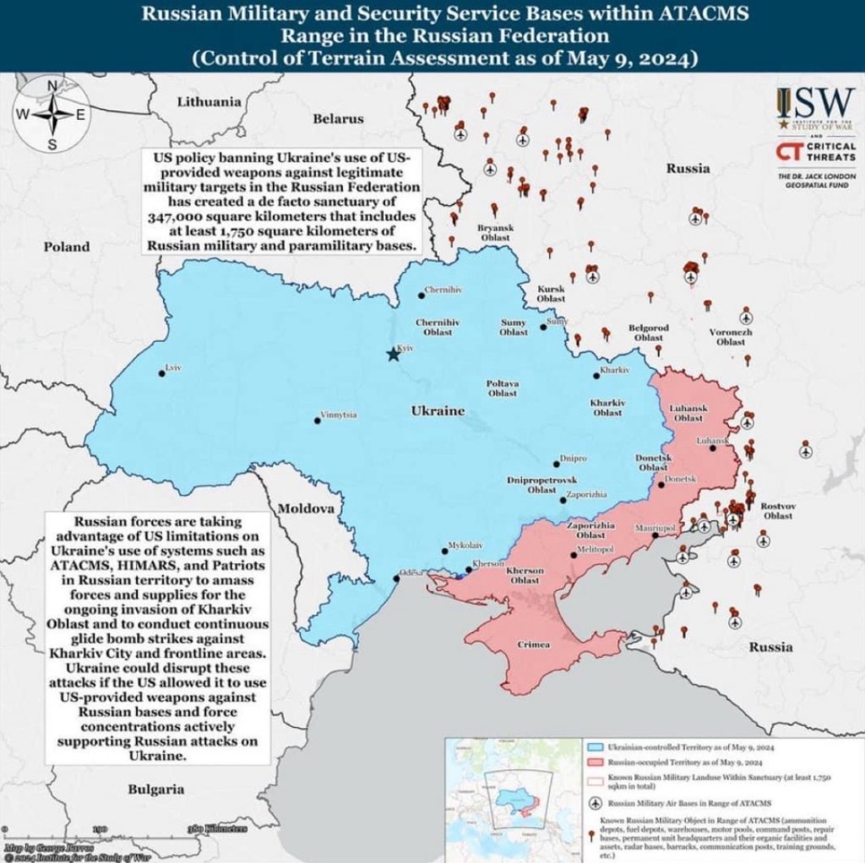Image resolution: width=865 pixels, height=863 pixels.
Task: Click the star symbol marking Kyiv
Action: pyautogui.click(x=393, y=355)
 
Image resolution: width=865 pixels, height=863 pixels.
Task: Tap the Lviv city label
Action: pyautogui.click(x=173, y=369)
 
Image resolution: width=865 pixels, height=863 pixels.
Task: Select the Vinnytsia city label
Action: pyautogui.click(x=338, y=416)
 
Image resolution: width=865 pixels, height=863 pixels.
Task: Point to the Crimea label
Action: pyautogui.click(x=533, y=645)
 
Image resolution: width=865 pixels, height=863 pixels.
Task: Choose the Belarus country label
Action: pyautogui.click(x=338, y=119)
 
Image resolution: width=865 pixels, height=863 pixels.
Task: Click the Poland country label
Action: pyautogui.click(x=67, y=247)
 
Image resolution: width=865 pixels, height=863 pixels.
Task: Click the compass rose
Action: pyautogui.click(x=52, y=114)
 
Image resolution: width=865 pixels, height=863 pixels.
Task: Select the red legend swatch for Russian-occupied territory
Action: pyautogui.click(x=594, y=763)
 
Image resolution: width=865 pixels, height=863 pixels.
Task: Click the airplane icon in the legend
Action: pyautogui.click(x=594, y=803)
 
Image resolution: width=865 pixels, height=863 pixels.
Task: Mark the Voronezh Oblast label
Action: pyautogui.click(x=731, y=337)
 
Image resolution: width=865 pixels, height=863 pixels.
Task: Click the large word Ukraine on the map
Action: pyautogui.click(x=438, y=410)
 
